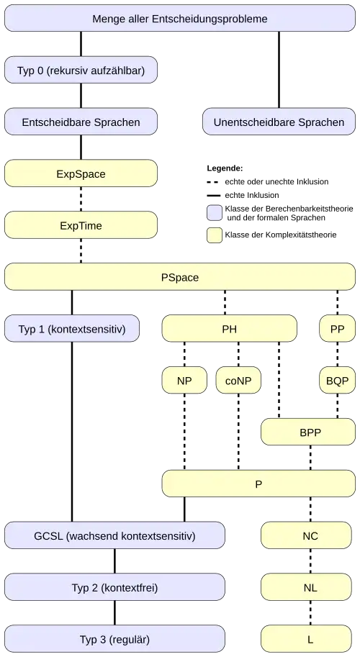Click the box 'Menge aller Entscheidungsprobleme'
(x=180, y=19)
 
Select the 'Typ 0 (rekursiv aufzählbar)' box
(x=81, y=71)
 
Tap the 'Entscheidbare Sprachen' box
(x=81, y=122)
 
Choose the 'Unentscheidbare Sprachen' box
(x=279, y=122)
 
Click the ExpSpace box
(x=81, y=174)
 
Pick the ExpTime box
(x=81, y=226)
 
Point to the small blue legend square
(x=215, y=212)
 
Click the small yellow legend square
(x=215, y=235)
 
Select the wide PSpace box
(x=180, y=277)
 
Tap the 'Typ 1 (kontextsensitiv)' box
(x=72, y=329)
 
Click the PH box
(x=229, y=329)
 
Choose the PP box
(x=337, y=329)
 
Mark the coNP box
(x=238, y=381)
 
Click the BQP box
(x=337, y=381)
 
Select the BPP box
(x=310, y=432)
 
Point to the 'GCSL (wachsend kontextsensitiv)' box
(x=114, y=536)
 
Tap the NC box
(x=310, y=536)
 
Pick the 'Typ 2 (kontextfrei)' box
(x=114, y=588)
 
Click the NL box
(x=310, y=588)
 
